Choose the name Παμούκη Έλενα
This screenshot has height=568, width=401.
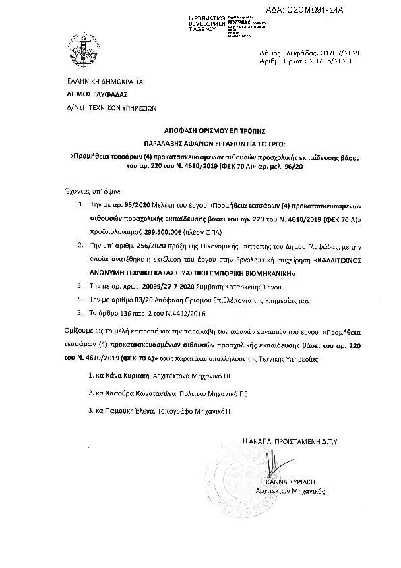(x=125, y=411)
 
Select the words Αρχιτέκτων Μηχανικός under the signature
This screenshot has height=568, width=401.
(x=292, y=493)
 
